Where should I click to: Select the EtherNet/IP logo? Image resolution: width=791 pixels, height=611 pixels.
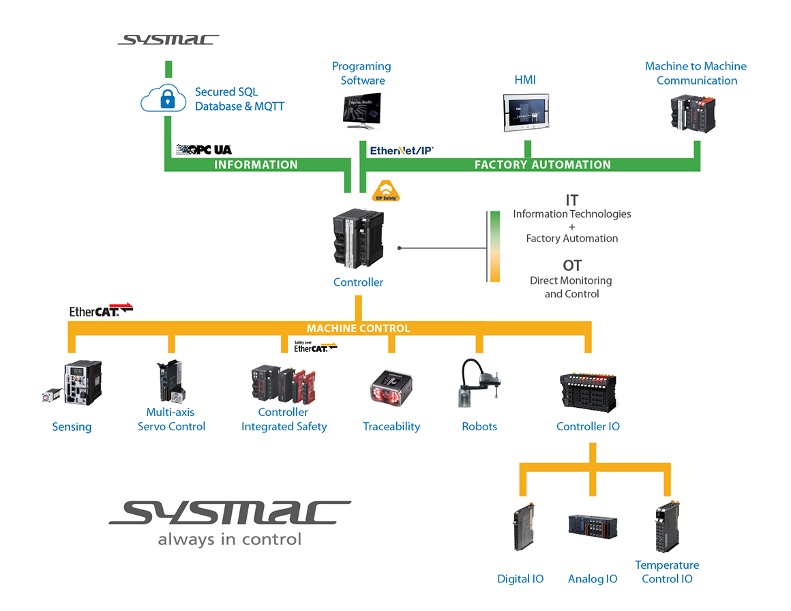point(402,150)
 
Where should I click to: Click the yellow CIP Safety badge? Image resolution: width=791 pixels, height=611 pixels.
point(385,192)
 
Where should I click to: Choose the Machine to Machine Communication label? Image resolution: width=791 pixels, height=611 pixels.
point(696,73)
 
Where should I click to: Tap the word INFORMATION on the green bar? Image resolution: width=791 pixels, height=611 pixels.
point(256,164)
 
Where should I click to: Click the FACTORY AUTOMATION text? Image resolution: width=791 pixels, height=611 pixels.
point(542,164)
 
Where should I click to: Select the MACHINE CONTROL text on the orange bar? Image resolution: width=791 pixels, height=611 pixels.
point(358,328)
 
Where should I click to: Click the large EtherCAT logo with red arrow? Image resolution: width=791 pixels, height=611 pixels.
point(101,310)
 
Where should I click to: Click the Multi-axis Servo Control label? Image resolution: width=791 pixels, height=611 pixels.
point(171,419)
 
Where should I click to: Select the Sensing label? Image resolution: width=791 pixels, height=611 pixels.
point(72,427)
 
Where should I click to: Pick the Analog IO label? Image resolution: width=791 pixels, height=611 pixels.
point(593,579)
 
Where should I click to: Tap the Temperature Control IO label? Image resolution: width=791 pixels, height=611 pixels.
point(667,571)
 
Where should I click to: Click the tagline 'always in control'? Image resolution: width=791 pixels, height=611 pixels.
point(229,539)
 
